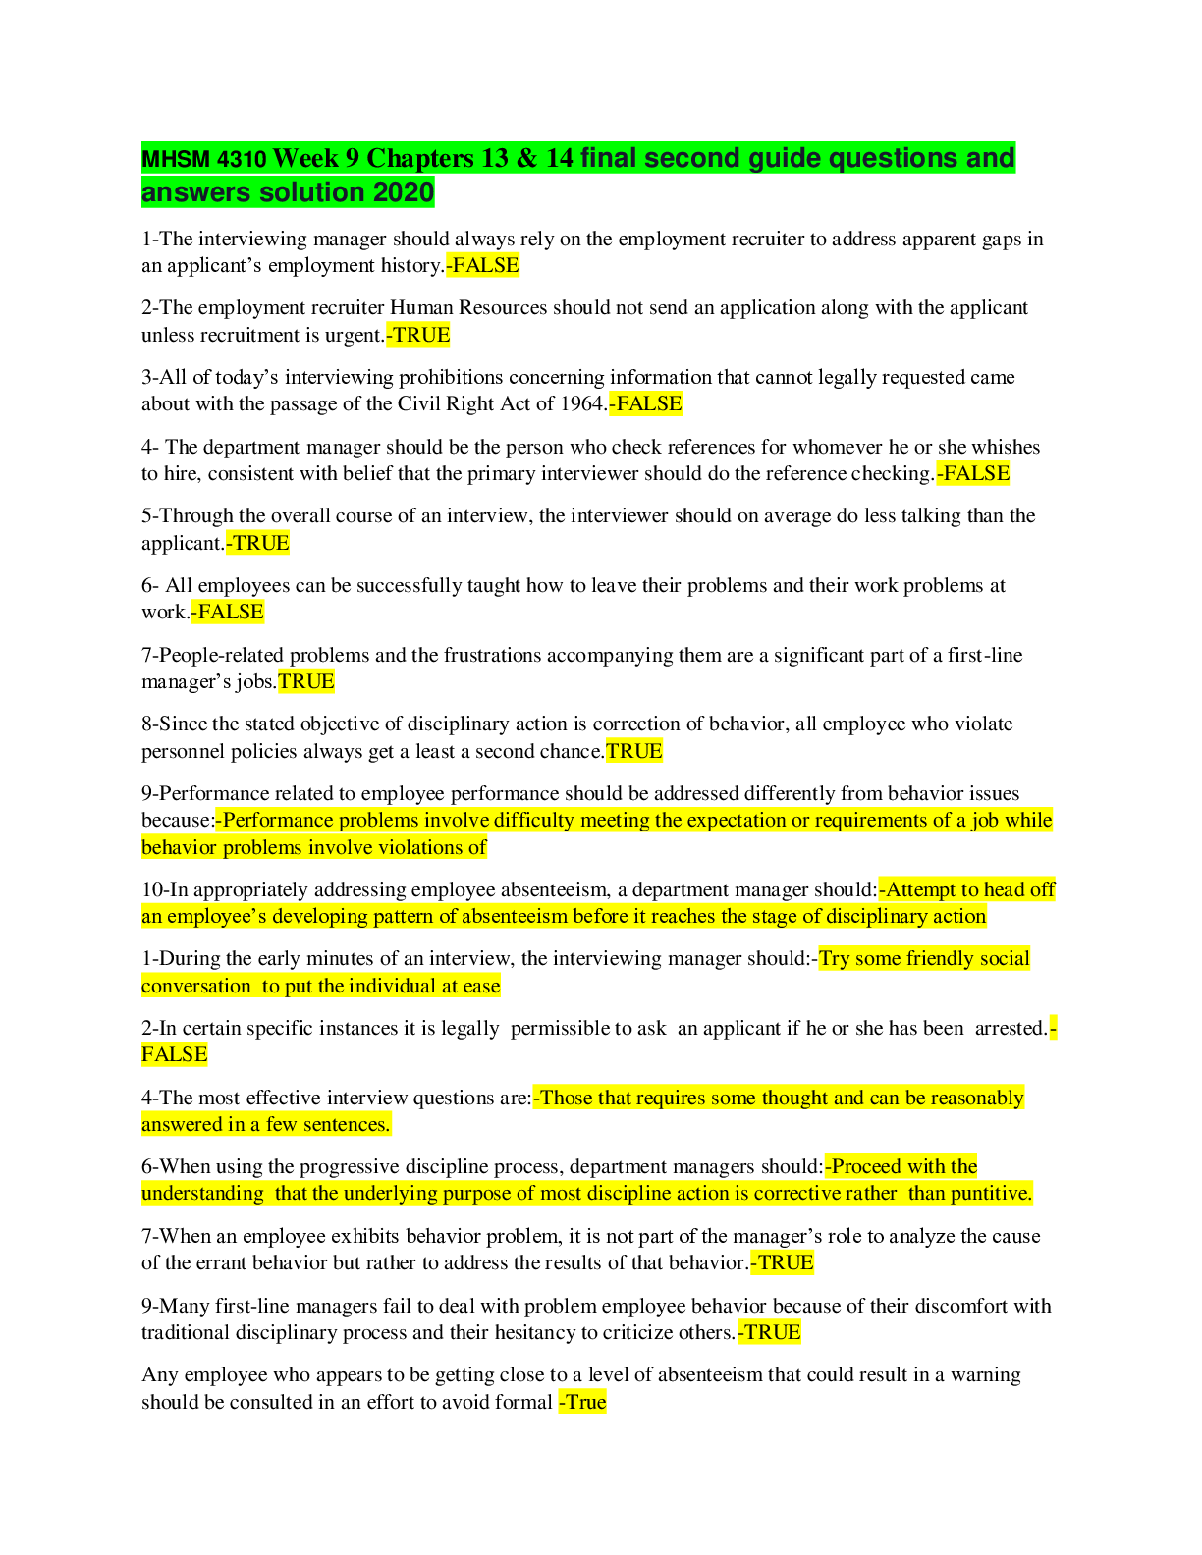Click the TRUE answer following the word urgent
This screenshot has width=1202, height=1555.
pyautogui.click(x=419, y=335)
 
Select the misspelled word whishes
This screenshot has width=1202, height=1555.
pyautogui.click(x=1005, y=447)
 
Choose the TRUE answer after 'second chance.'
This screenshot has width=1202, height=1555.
pyautogui.click(x=634, y=751)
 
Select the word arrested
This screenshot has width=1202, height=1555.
pyautogui.click(x=1011, y=1028)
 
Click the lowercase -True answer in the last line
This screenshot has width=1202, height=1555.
pyautogui.click(x=582, y=1402)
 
